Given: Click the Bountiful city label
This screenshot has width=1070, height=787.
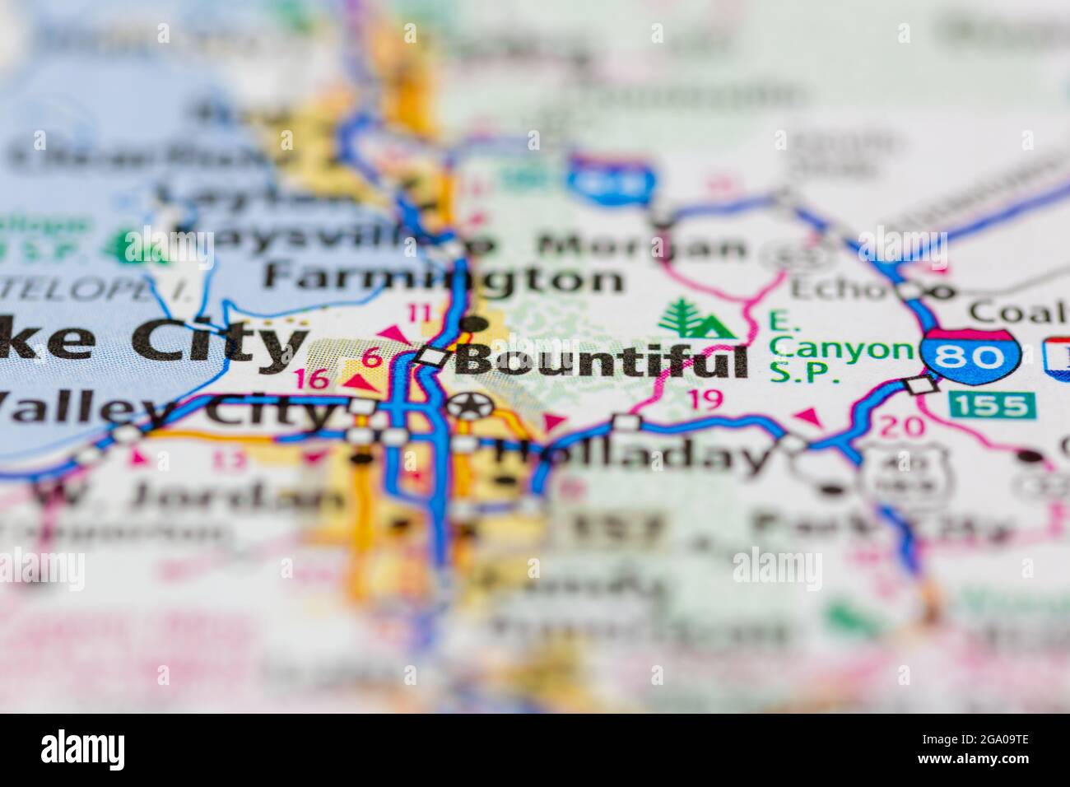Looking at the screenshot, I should pyautogui.click(x=602, y=361).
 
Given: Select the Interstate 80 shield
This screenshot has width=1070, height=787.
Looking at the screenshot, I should pyautogui.click(x=971, y=356).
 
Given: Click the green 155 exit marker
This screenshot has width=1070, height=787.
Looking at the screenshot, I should pyautogui.click(x=991, y=404).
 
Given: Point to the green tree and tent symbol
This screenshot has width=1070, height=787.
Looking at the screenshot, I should pyautogui.click(x=695, y=319).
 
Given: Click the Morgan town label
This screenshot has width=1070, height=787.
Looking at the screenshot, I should pyautogui.click(x=642, y=245).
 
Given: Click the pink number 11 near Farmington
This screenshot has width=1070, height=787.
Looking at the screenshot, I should pyautogui.click(x=420, y=313).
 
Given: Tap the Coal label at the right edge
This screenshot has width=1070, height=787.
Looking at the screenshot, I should pyautogui.click(x=1017, y=312).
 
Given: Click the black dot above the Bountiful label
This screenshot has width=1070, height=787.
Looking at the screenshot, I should pyautogui.click(x=472, y=324).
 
